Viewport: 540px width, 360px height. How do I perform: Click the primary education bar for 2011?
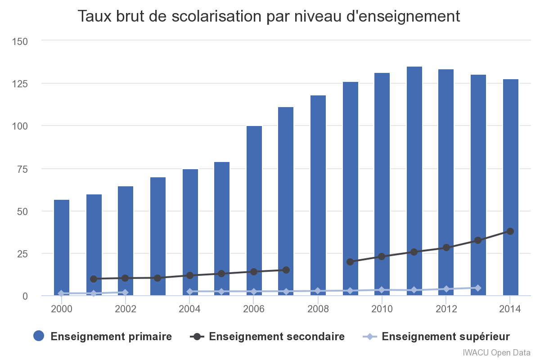[x=414, y=180]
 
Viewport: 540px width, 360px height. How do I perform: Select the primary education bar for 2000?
[x=62, y=247]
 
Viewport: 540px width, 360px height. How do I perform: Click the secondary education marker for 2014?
[x=510, y=231]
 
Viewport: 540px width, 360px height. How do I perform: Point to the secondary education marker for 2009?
[x=350, y=262]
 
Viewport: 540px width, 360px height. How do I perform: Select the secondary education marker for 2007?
[x=286, y=270]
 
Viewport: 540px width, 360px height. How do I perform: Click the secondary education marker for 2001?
[x=94, y=279]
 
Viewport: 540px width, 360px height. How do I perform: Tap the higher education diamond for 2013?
[x=478, y=288]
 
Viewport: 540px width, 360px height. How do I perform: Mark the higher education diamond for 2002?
[x=126, y=292]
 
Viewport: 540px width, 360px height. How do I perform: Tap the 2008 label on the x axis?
[x=318, y=309]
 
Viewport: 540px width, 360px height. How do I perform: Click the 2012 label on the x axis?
[x=446, y=309]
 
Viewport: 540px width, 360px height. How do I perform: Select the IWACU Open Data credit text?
[x=496, y=352]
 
